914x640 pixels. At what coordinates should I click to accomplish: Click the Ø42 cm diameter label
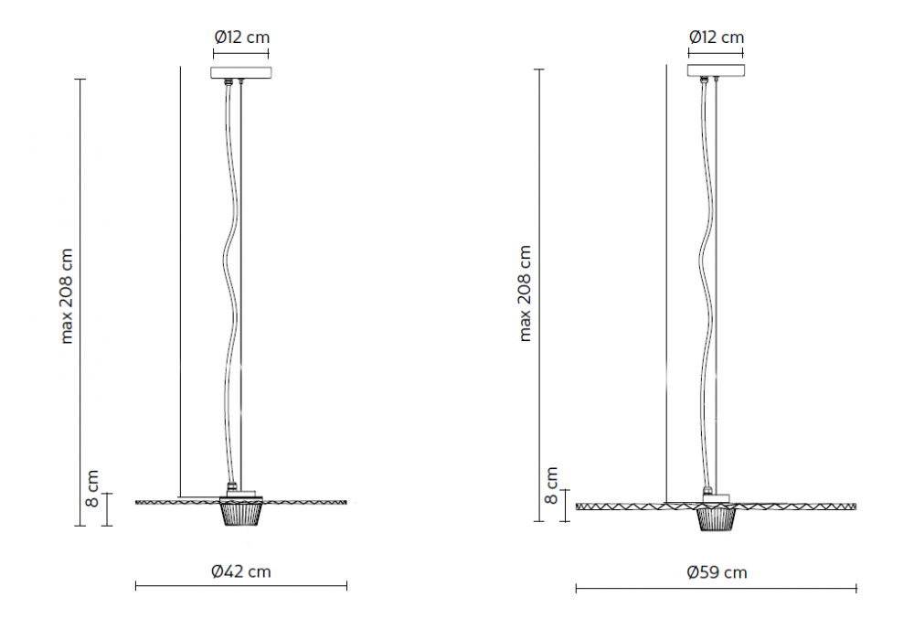click(x=240, y=571)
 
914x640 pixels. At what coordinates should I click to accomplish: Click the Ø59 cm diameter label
click(x=717, y=572)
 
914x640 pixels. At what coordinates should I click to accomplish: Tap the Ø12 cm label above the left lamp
click(x=242, y=37)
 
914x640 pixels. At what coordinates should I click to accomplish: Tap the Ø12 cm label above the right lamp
click(x=717, y=37)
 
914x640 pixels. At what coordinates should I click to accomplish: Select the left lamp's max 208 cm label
click(x=67, y=296)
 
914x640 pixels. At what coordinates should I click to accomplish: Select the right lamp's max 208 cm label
click(x=525, y=293)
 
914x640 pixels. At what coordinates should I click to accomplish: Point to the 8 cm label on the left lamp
click(x=92, y=488)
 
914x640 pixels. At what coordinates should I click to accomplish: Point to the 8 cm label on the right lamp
click(x=551, y=485)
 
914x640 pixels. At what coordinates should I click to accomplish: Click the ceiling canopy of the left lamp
click(x=240, y=73)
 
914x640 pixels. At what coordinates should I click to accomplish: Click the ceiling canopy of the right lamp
click(x=716, y=70)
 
